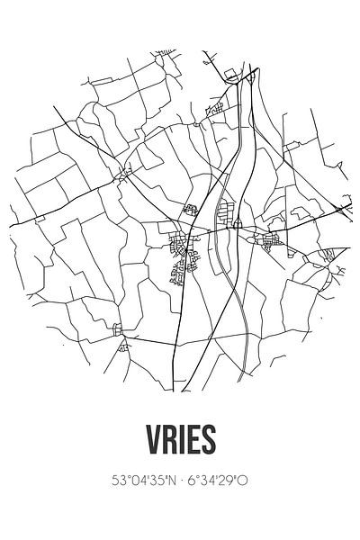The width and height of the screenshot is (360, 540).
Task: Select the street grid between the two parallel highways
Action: click(x=228, y=214)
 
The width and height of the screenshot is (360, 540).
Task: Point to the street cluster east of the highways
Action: click(x=268, y=238)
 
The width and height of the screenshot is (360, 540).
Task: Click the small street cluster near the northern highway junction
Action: click(x=216, y=108)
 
